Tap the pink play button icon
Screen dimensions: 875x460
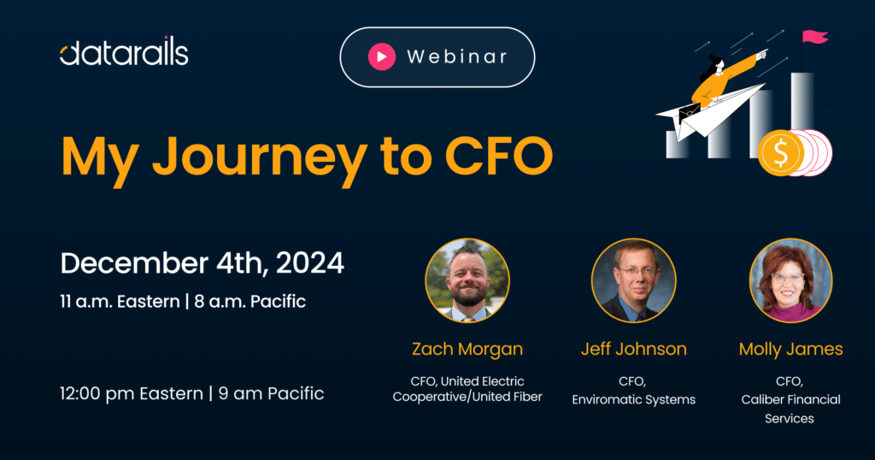(x=382, y=56)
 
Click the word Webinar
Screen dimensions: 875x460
(x=457, y=56)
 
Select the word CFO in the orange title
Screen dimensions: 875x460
(x=498, y=156)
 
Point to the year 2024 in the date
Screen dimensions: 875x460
(x=309, y=263)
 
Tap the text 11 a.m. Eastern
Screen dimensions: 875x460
(x=120, y=302)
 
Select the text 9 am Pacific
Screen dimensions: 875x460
(x=271, y=393)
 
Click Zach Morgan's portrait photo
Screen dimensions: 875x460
(x=467, y=280)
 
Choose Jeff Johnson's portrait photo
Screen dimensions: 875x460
(x=633, y=280)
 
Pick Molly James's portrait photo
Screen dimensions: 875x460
(x=790, y=280)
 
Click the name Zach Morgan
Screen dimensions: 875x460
(x=467, y=350)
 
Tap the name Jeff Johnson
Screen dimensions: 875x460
(x=633, y=349)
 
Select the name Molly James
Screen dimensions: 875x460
(x=790, y=350)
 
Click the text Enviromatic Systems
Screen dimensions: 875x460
(x=633, y=399)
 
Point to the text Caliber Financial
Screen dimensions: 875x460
(x=790, y=399)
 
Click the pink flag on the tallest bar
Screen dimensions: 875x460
(x=814, y=37)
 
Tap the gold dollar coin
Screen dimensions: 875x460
(x=780, y=153)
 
